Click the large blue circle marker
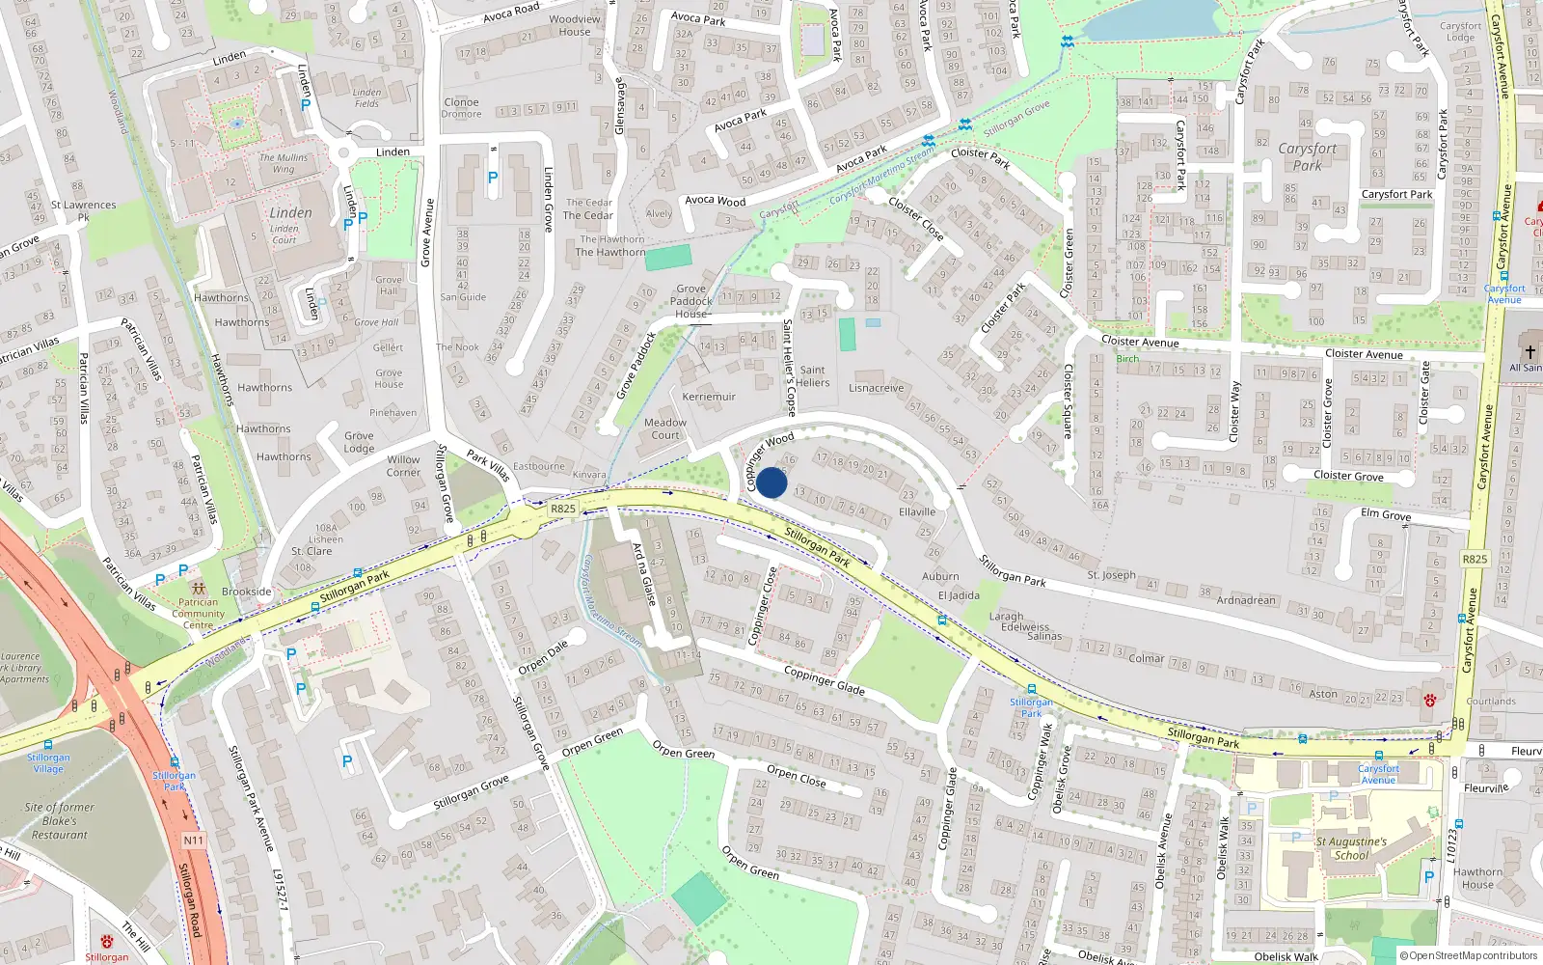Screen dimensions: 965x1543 pos(771,482)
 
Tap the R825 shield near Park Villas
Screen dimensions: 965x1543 pos(563,509)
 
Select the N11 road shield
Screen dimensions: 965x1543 pos(193,841)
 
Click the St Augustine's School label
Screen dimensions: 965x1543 pos(1351,848)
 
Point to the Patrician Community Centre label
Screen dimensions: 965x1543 pos(198,613)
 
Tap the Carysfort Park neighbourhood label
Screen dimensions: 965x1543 pos(1308,156)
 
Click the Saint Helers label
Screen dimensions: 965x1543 pos(812,376)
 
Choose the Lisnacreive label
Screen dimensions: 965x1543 pos(877,388)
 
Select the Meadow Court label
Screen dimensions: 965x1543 pos(665,428)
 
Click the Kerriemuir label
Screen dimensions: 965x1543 pos(709,397)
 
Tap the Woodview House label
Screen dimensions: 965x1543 pos(575,25)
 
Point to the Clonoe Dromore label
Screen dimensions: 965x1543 pos(461,108)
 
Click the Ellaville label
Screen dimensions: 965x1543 pos(917,511)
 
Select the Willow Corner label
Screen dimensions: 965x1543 pos(403,466)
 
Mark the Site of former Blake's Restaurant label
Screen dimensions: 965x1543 pos(59,821)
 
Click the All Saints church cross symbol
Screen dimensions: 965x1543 pos(1529,352)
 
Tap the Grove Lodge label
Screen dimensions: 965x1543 pos(359,442)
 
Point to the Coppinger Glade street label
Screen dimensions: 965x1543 pos(824,680)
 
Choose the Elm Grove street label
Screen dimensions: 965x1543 pos(1386,514)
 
